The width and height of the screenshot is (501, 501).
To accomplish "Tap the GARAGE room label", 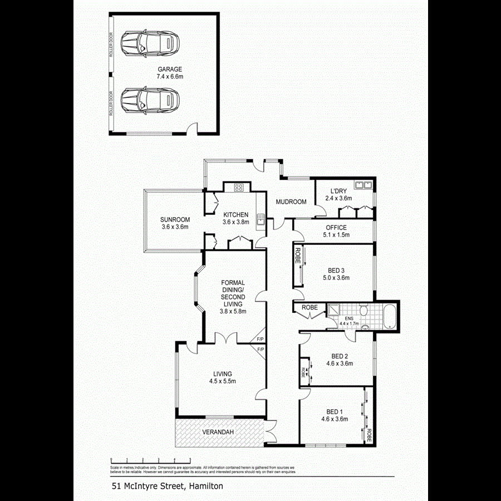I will (x=169, y=70).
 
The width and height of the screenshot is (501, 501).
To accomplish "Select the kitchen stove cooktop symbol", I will (x=239, y=188).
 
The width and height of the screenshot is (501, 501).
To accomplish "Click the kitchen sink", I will (x=259, y=221).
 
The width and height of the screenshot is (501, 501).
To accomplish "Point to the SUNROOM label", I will (x=175, y=219).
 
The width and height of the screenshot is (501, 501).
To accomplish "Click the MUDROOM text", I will (x=291, y=202).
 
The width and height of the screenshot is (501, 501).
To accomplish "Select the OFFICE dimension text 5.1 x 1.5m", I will (x=336, y=235).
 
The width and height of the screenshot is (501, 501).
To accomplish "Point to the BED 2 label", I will (x=340, y=356).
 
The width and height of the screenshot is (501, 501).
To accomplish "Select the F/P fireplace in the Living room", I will (x=260, y=350).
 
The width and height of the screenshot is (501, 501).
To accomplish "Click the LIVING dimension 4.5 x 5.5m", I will (x=222, y=381).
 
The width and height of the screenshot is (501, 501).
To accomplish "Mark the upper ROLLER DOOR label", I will (x=111, y=46).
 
